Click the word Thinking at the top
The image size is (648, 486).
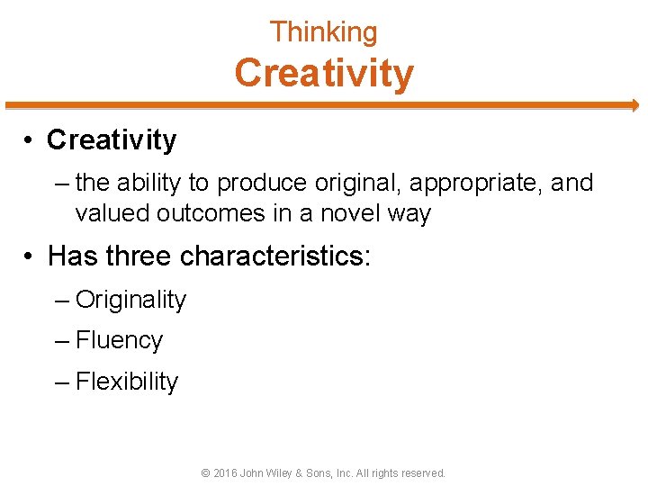tap(324, 32)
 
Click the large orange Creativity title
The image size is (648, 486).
tap(324, 73)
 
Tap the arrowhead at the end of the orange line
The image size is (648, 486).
tap(634, 105)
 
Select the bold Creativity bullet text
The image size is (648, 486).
tap(112, 140)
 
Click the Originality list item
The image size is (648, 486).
tap(130, 301)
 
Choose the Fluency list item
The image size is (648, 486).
tap(119, 341)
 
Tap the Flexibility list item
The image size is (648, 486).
tap(127, 382)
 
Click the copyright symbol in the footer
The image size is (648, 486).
tap(206, 472)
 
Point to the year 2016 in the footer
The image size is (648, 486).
tap(225, 472)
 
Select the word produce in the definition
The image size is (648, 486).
tap(261, 184)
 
